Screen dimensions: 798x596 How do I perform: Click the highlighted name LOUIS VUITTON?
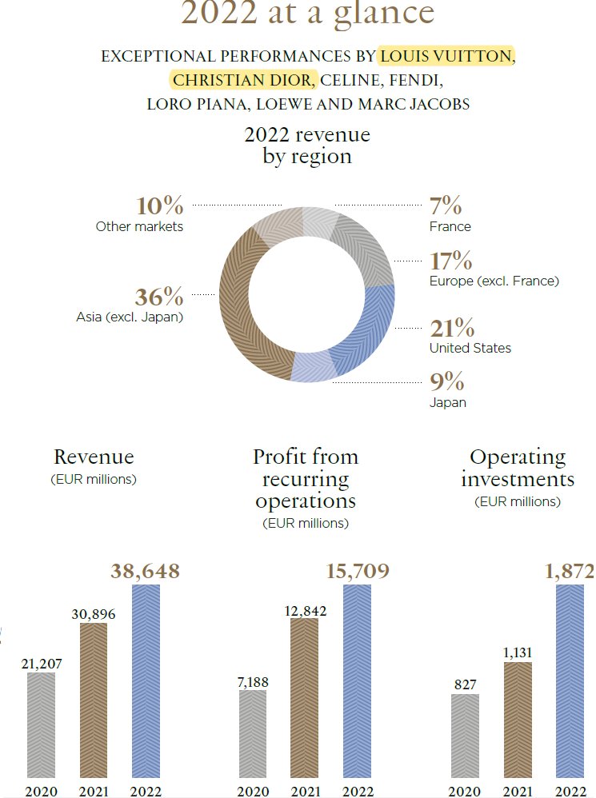click(x=446, y=57)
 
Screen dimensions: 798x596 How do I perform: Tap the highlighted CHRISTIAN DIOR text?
click(x=243, y=81)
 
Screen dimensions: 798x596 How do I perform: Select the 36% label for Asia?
click(x=159, y=297)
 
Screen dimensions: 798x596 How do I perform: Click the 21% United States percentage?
click(x=452, y=329)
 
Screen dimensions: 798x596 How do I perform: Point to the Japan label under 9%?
click(x=447, y=402)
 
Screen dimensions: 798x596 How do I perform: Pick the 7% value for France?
click(x=446, y=206)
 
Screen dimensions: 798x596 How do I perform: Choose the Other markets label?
click(x=139, y=226)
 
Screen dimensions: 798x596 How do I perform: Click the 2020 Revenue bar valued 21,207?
click(x=41, y=724)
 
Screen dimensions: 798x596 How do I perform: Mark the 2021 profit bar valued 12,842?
click(x=304, y=696)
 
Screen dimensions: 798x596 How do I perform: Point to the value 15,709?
click(x=358, y=572)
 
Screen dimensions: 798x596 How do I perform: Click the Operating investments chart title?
click(x=518, y=469)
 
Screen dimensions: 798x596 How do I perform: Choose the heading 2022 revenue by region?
click(x=307, y=145)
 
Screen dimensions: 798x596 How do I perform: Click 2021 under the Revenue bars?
click(x=93, y=791)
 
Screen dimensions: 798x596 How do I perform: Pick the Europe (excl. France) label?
click(x=494, y=281)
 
